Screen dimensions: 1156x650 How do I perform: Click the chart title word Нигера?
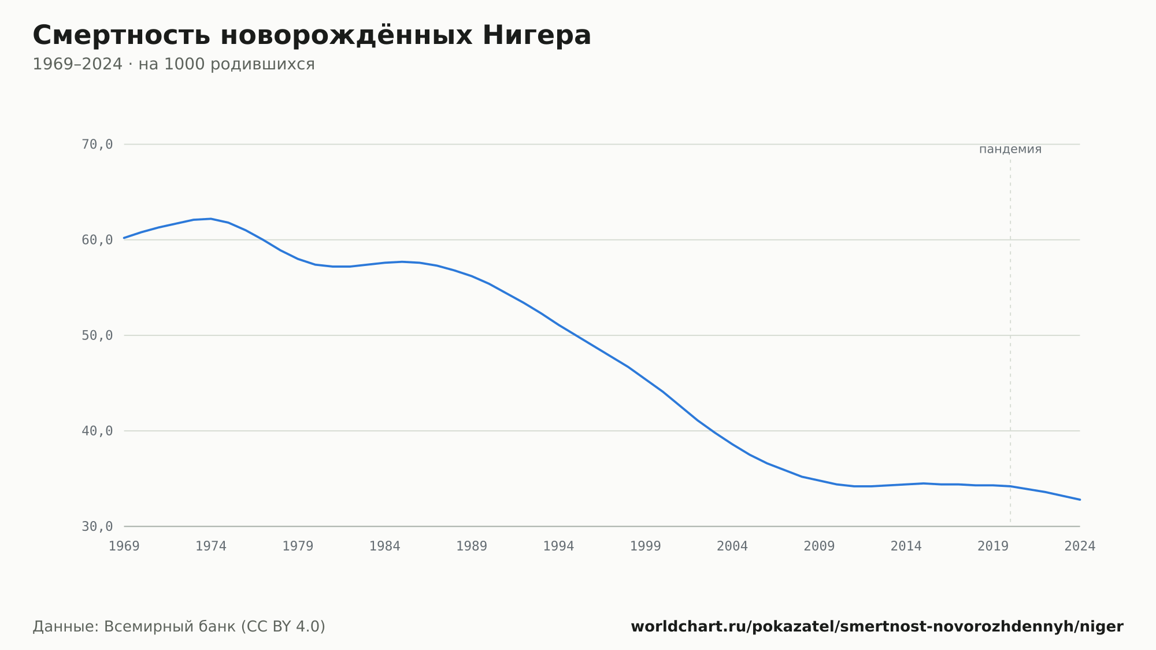537,35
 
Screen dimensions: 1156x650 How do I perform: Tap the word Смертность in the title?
121,35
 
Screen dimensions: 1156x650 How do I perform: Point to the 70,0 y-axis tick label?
97,145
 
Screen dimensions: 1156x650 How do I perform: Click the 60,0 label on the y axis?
97,240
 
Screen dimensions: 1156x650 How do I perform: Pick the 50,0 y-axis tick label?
97,335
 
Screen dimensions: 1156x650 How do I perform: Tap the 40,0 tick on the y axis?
97,431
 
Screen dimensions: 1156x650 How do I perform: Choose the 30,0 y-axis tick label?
97,526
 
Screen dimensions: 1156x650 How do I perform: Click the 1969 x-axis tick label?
124,546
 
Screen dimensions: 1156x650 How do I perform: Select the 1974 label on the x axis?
211,546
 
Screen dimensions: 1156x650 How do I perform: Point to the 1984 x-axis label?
385,546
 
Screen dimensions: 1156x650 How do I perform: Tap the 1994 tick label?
558,546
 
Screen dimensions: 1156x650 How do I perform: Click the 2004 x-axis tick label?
732,546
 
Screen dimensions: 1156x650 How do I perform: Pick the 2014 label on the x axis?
906,546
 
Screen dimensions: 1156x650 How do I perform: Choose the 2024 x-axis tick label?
1080,546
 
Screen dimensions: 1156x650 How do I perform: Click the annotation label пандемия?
1010,149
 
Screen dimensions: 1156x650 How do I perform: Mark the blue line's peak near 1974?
211,219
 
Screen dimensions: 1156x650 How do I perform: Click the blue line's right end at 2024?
1080,500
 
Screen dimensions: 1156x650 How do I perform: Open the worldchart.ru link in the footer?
877,627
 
